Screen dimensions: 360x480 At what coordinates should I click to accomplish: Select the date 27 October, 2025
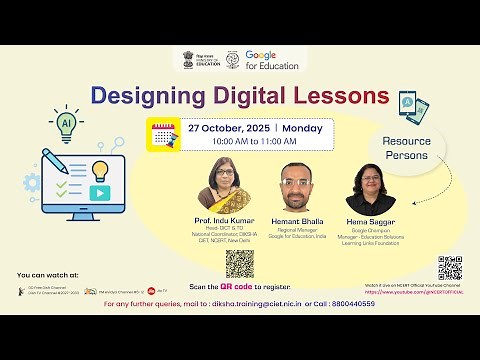tap(220, 129)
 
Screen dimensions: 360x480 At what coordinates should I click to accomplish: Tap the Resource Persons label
tap(406, 149)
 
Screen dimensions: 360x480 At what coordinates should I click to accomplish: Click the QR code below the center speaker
tap(239, 263)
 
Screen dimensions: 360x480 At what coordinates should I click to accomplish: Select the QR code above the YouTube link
tap(449, 268)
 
